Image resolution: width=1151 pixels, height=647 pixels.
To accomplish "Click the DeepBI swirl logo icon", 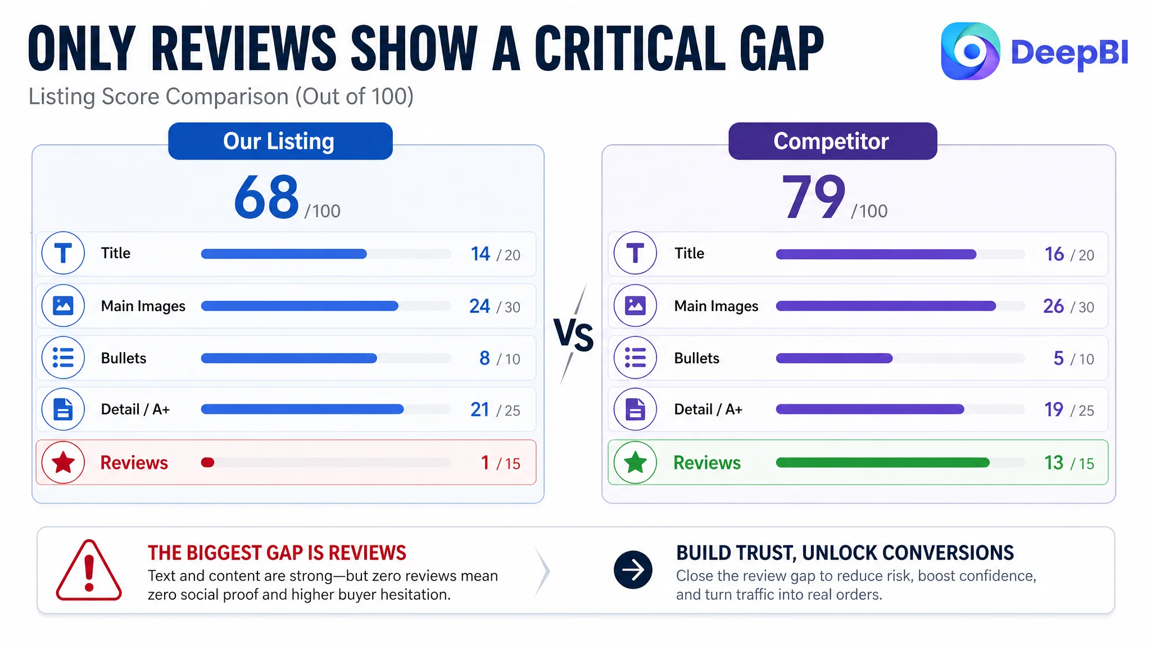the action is pos(971,51).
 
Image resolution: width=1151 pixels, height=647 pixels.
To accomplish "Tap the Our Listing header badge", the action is pos(280,141).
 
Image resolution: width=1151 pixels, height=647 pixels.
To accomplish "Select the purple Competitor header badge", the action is pos(832,141).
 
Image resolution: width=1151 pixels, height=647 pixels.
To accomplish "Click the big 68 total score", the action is pos(266,197).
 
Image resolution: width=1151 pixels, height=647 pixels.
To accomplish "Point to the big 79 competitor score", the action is pos(813,197).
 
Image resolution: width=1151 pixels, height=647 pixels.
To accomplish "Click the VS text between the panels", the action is pos(573,335).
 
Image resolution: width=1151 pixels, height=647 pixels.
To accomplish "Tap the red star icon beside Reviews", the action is pos(63,463).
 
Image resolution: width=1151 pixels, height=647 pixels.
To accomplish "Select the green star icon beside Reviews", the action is pos(635,463).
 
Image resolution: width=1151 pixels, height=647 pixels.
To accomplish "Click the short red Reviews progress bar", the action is pos(207,463).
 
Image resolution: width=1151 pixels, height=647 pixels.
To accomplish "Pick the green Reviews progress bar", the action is pos(882,463).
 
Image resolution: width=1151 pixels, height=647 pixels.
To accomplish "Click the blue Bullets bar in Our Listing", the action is pos(289,358).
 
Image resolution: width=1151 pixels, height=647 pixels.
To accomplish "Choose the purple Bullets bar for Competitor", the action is pos(834,358).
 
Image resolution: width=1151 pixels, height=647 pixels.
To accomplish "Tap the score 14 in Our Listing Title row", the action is pos(481,254).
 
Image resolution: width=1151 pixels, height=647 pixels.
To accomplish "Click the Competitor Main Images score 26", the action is pos(1053,306).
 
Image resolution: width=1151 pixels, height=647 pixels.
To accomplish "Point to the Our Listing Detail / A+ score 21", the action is pos(480,410).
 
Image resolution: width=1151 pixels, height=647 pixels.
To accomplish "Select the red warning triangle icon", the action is pos(89,571).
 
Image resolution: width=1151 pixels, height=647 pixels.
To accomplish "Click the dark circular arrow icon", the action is pos(633,570).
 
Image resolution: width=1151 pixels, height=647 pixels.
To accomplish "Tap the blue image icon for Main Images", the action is pos(63,306).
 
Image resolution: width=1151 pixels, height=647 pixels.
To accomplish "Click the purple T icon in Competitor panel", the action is pos(635,253).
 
